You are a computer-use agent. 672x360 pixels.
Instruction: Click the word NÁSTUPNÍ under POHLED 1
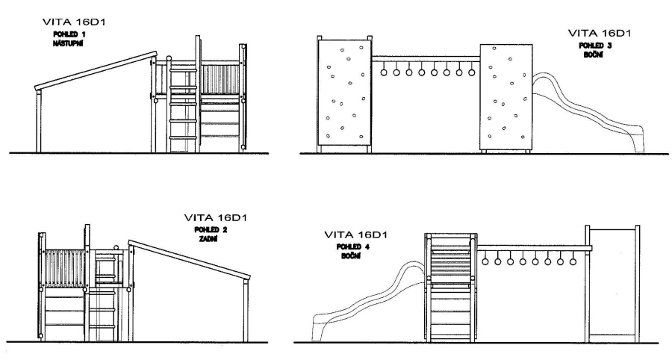(68, 43)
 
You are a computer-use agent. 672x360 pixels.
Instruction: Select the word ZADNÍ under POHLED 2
(208, 239)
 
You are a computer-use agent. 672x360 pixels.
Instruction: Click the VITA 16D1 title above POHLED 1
(74, 22)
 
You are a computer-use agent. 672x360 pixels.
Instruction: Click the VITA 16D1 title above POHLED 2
(216, 217)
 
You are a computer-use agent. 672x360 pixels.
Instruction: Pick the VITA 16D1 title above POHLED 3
(600, 33)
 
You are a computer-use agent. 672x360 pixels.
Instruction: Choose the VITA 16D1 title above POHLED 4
(355, 235)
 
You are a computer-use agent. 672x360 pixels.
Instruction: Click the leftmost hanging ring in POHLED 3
(384, 72)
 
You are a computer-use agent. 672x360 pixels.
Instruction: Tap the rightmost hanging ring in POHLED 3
(472, 72)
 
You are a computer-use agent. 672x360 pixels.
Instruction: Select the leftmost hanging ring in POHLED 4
(485, 261)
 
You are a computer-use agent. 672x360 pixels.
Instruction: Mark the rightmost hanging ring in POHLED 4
(573, 261)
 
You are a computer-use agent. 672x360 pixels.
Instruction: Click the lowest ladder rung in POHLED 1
(184, 137)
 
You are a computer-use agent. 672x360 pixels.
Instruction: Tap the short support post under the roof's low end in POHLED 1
(39, 121)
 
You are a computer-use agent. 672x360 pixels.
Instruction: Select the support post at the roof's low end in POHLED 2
(246, 310)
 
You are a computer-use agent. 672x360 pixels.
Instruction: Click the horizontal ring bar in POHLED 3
(426, 59)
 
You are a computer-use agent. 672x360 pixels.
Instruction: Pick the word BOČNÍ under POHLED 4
(351, 256)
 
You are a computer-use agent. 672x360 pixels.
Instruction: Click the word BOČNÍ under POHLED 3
(594, 55)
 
